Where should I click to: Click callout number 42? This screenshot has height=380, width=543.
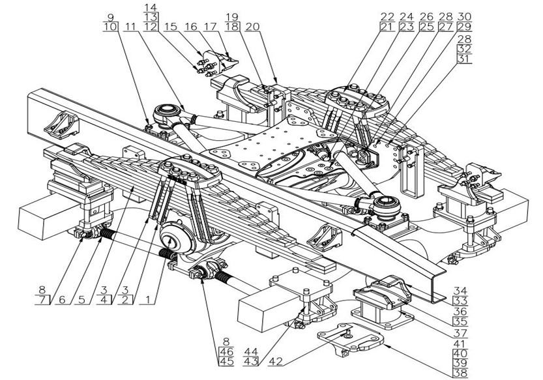[x=276, y=357]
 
